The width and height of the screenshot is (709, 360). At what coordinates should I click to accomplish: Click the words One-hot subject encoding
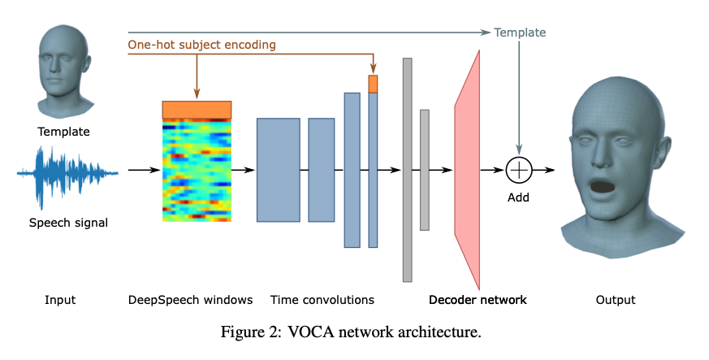[201, 45]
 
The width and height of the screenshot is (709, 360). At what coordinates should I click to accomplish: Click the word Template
[520, 33]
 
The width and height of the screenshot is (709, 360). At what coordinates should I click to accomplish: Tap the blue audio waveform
[67, 177]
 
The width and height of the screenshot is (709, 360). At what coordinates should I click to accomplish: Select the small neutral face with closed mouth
[64, 72]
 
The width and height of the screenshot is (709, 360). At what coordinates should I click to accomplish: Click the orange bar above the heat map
[197, 110]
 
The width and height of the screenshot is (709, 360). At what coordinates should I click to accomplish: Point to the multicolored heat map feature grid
[197, 171]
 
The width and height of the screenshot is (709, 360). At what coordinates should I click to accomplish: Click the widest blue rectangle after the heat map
[278, 170]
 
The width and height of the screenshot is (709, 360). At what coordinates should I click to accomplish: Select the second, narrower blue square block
[321, 170]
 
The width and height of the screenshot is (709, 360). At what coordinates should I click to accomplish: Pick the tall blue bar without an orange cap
[352, 170]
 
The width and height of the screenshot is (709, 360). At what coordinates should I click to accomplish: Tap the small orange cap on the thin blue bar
[373, 84]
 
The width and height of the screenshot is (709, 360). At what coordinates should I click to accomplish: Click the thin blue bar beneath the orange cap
[373, 171]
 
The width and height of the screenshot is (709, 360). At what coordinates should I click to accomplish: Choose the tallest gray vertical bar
[407, 170]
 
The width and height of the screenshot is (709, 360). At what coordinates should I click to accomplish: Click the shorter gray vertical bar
[424, 170]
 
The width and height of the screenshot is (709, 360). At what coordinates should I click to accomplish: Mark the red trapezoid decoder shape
[468, 170]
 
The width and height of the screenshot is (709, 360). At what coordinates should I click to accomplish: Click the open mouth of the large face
[602, 188]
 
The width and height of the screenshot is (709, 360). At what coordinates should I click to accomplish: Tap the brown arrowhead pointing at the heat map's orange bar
[197, 94]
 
